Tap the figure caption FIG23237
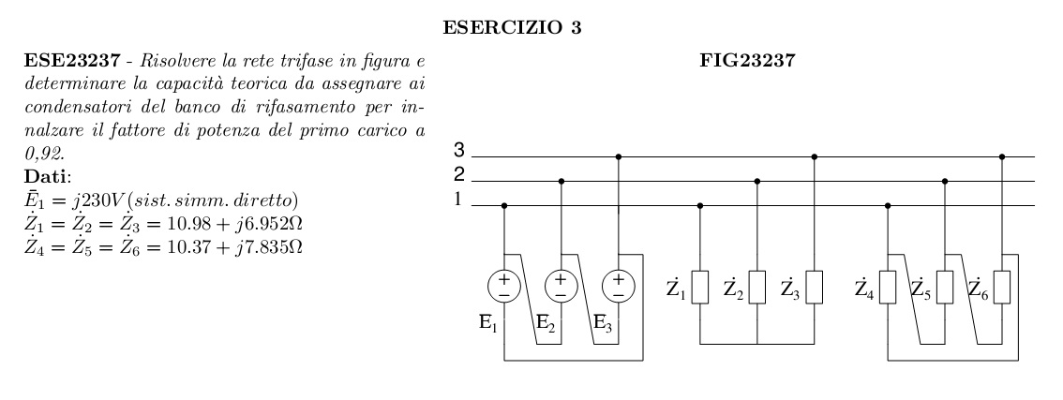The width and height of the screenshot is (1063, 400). point(756,68)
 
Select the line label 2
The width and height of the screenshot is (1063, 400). point(459,174)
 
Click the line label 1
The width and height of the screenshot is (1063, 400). point(459,199)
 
